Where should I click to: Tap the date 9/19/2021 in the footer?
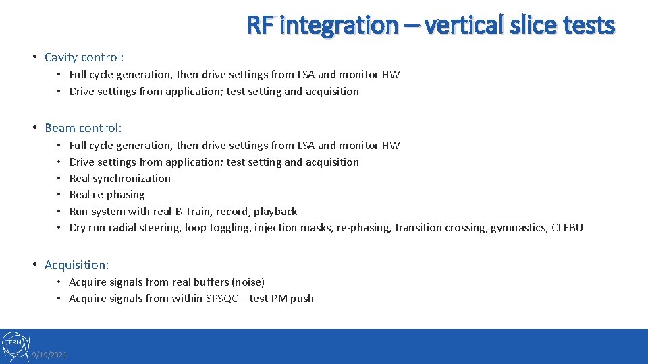click(x=49, y=355)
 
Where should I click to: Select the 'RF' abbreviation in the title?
click(x=260, y=25)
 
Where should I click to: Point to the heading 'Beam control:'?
click(x=83, y=127)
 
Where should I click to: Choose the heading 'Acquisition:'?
click(x=76, y=265)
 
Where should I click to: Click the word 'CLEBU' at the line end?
click(x=567, y=228)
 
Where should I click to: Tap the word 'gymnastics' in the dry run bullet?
click(x=520, y=228)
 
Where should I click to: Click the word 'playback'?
click(x=275, y=211)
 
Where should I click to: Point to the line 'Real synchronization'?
click(x=120, y=178)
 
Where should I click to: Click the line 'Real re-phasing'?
click(x=107, y=195)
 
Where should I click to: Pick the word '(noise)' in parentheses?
click(x=248, y=282)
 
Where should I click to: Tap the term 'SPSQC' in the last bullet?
click(x=221, y=298)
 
